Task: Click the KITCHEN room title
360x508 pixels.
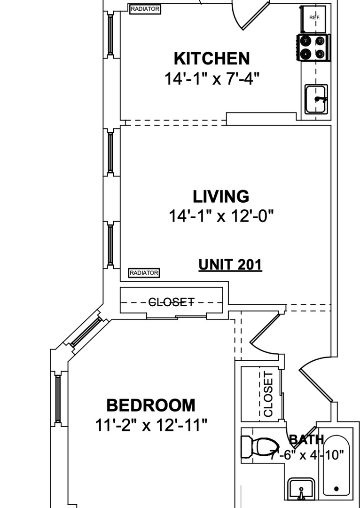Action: pyautogui.click(x=212, y=59)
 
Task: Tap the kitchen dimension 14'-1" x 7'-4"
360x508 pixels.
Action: pyautogui.click(x=212, y=79)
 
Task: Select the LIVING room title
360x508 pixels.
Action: pyautogui.click(x=221, y=197)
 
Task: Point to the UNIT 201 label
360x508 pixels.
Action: pyautogui.click(x=230, y=265)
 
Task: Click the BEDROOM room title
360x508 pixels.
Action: pyautogui.click(x=151, y=405)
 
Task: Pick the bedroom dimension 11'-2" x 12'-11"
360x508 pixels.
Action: pyautogui.click(x=151, y=425)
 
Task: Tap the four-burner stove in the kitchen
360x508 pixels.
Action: pyautogui.click(x=313, y=48)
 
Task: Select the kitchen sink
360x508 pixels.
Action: pyautogui.click(x=316, y=99)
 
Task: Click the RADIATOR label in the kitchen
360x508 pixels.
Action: pyautogui.click(x=145, y=9)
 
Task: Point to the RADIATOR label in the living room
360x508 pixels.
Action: pyautogui.click(x=144, y=273)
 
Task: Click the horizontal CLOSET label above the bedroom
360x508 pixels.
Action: pyautogui.click(x=171, y=302)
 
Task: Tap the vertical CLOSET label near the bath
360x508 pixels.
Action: pyautogui.click(x=269, y=394)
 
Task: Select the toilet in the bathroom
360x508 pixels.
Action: pyautogui.click(x=260, y=447)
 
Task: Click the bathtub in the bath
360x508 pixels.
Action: pyautogui.click(x=337, y=465)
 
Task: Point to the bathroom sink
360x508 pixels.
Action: pyautogui.click(x=301, y=489)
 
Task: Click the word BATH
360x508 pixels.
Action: pyautogui.click(x=306, y=439)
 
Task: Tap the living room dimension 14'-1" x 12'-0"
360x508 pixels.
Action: pyautogui.click(x=221, y=216)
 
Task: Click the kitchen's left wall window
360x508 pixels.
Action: pyautogui.click(x=110, y=34)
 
